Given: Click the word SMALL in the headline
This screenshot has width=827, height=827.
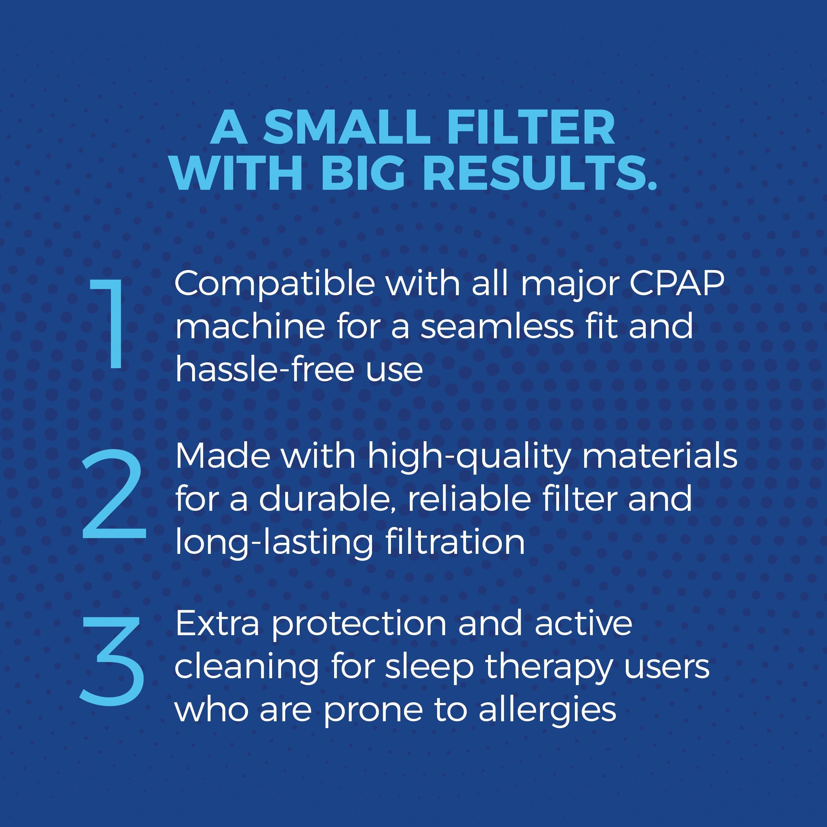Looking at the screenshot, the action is (346, 127).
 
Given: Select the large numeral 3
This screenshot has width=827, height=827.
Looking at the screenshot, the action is (112, 661).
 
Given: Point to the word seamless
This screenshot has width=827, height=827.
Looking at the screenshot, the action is (497, 327).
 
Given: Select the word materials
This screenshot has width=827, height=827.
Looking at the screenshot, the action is (660, 456).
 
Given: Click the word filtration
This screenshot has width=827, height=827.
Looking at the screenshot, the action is (455, 542).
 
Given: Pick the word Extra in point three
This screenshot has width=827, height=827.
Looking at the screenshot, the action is (217, 624).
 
